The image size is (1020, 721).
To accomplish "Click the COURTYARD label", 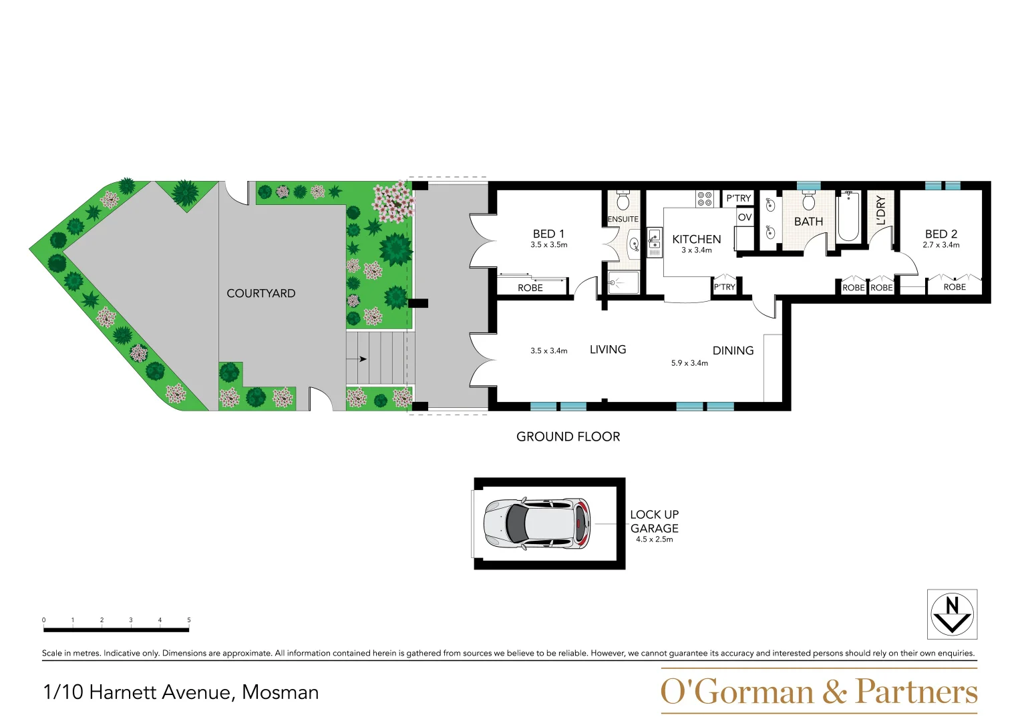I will (x=261, y=293).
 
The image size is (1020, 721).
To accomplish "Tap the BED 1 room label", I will (x=548, y=234).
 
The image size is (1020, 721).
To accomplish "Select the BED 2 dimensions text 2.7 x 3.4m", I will (x=941, y=245).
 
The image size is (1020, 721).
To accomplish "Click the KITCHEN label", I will (x=696, y=239).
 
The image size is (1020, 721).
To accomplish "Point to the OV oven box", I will (x=745, y=217).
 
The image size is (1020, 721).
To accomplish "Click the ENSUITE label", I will (x=623, y=219).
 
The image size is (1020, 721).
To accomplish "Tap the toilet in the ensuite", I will (x=623, y=200).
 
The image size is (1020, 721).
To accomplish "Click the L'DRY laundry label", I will (x=880, y=210).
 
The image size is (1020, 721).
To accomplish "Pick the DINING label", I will (x=733, y=350).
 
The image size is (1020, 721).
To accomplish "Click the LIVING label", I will (x=607, y=349).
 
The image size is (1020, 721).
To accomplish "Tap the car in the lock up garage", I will (x=537, y=523).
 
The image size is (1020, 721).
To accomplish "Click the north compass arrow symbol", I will (x=952, y=614).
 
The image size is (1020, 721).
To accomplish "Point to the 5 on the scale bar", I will (x=188, y=620).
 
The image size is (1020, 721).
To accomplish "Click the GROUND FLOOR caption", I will (x=568, y=437).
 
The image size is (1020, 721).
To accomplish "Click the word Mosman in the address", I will (x=280, y=692).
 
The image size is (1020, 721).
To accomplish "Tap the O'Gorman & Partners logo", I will (x=818, y=692).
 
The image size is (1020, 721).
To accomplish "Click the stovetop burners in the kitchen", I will (x=704, y=198).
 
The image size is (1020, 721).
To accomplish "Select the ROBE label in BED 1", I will (x=530, y=288).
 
